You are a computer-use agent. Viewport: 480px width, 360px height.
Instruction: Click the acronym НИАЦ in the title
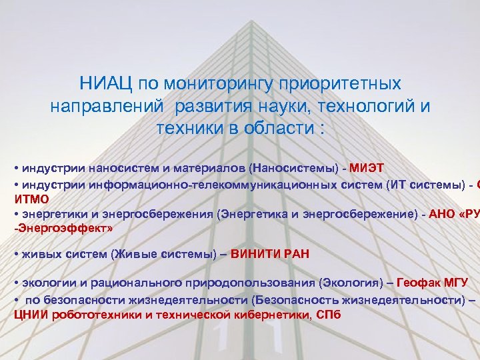(x=105, y=84)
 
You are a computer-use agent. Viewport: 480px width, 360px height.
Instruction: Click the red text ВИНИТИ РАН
(x=270, y=253)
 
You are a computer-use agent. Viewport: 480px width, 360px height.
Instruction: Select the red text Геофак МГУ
(x=433, y=283)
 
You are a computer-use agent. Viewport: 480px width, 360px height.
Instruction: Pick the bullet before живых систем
(x=16, y=253)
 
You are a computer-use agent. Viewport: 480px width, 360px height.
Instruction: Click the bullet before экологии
(x=16, y=283)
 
